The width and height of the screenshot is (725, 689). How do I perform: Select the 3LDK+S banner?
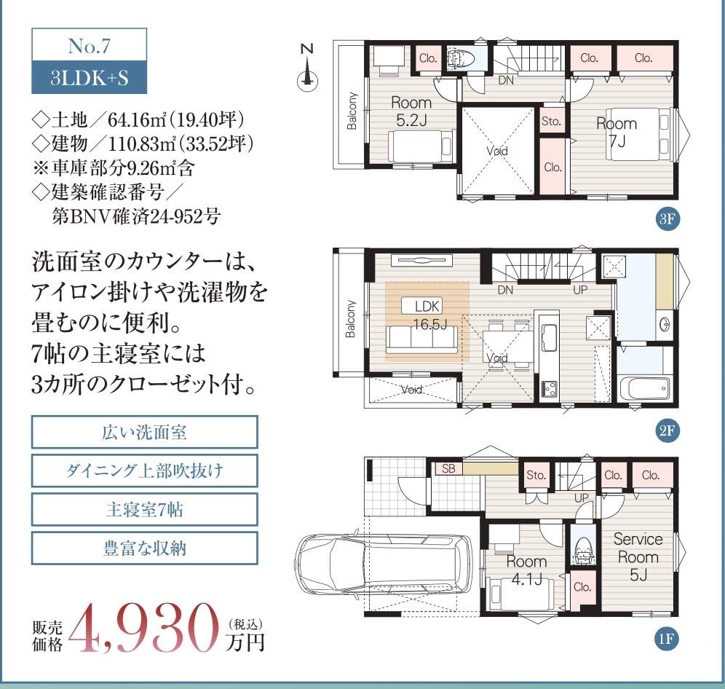pos(90,78)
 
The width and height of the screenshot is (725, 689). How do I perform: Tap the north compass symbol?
pos(307,68)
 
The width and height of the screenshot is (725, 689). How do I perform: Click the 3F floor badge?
pos(667,218)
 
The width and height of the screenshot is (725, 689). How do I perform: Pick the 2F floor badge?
pos(667,430)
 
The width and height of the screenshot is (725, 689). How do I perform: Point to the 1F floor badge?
pos(667,639)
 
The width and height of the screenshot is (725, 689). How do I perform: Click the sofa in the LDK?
pos(422,339)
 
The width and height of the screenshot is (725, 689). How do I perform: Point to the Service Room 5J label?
pos(638,556)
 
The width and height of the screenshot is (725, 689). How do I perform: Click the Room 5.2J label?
pos(411,111)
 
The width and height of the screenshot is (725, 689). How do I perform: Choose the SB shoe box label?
pos(448,468)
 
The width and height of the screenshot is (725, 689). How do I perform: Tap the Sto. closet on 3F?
pos(551,121)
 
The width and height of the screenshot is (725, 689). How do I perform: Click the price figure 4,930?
pos(144,628)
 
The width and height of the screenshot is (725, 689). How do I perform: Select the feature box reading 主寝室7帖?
pos(144,509)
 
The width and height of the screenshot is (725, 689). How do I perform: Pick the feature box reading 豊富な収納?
pos(144,548)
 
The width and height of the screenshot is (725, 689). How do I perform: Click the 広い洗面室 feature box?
pos(144,432)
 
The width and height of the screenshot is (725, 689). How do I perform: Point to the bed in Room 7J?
pos(638,133)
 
